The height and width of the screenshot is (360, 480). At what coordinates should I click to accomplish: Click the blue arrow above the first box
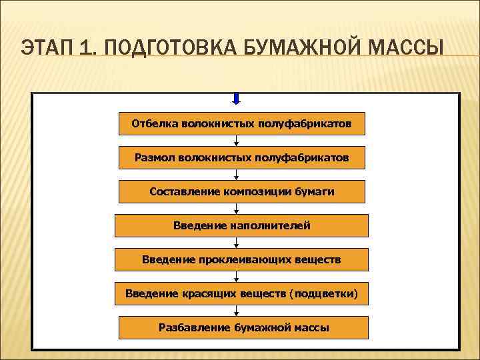click(237, 99)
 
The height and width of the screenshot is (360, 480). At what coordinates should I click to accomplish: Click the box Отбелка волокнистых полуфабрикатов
click(241, 123)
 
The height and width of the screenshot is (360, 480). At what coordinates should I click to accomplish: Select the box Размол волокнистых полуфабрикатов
click(241, 158)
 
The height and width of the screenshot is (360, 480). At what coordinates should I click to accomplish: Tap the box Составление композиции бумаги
click(241, 192)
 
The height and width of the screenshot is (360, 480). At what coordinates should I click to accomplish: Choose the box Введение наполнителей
click(241, 226)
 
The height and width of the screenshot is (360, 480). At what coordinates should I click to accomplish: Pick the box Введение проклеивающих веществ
click(241, 259)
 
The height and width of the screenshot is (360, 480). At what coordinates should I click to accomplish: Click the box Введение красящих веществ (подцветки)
click(241, 293)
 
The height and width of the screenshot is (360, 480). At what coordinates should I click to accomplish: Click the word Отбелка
click(153, 123)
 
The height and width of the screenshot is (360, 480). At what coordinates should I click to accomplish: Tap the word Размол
click(153, 158)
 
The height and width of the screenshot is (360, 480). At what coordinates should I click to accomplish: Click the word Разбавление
click(194, 327)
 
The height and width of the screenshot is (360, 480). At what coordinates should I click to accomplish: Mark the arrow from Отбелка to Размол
click(237, 141)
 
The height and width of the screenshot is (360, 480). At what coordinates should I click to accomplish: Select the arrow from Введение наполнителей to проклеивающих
click(237, 243)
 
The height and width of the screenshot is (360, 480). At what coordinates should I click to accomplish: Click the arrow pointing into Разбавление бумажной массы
click(237, 311)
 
